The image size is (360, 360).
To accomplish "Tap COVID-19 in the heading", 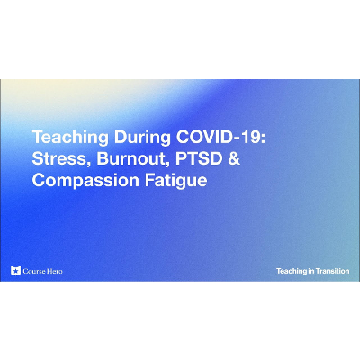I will click(x=195, y=139).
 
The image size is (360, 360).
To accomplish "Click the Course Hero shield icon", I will click(x=14, y=271).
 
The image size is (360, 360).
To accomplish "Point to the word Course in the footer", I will click(x=33, y=271).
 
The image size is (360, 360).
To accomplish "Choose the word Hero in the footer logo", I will click(x=54, y=271).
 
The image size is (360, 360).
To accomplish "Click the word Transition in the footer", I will click(x=330, y=271).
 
